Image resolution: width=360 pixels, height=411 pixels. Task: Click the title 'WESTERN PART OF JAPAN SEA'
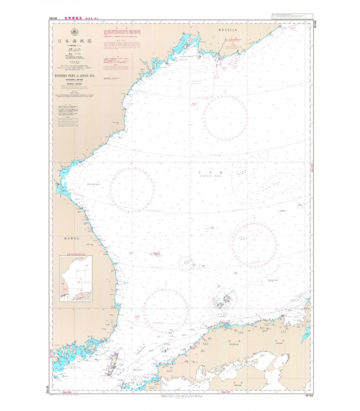[74, 75]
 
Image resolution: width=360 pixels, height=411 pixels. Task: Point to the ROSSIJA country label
[227, 31]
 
